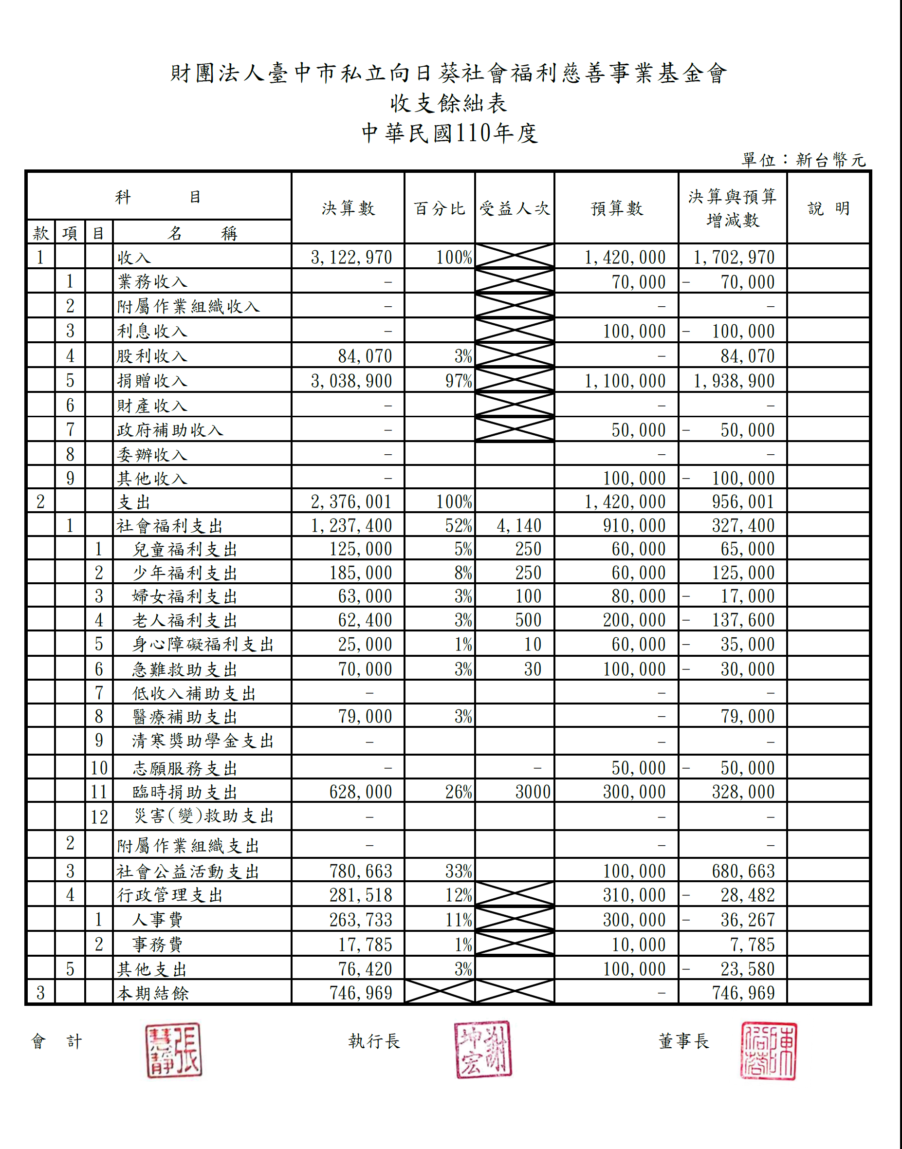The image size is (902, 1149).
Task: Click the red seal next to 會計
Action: coord(174,1050)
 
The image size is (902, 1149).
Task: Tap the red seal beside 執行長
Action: coord(483,1049)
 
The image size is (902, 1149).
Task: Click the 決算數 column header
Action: coord(348,208)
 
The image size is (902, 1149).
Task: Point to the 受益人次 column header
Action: coord(515,208)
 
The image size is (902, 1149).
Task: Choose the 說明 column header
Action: coord(828,208)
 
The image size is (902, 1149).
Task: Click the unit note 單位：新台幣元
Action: coord(803,160)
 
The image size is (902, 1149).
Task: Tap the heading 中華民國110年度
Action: coord(449,133)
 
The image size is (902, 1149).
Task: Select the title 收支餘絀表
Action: coord(449,103)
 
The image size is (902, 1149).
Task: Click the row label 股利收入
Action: coord(152,356)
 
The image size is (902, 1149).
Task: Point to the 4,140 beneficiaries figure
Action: coord(518,526)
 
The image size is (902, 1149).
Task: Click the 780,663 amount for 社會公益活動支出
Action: coord(361,871)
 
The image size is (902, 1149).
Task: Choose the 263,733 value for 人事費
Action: coord(361,920)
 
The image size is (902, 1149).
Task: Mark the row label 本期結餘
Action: coord(153,993)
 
